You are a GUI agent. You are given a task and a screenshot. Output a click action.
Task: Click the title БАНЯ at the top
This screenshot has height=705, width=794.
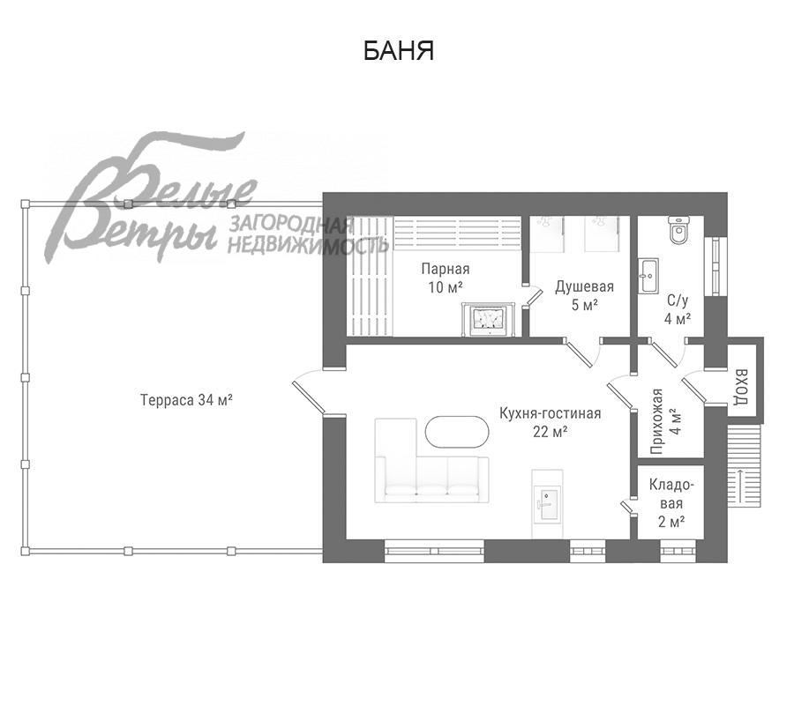tap(399, 51)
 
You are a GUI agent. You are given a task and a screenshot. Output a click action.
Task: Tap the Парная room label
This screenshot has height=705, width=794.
tap(446, 269)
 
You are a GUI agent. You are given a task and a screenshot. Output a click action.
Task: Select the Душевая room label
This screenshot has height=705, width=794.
tap(584, 286)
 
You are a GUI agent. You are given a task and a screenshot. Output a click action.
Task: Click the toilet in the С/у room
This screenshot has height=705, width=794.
tap(678, 230)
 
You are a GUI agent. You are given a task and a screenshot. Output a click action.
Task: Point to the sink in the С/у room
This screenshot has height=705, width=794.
tap(648, 276)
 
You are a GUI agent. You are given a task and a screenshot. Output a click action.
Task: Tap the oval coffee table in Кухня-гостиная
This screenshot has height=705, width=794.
tap(457, 432)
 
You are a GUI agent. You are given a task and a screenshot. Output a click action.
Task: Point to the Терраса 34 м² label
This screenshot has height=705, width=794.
tap(186, 400)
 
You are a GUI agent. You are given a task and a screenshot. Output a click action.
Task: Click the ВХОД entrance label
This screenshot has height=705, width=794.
tap(741, 387)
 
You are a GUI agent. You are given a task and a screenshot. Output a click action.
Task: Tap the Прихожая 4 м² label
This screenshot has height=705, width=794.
tap(666, 421)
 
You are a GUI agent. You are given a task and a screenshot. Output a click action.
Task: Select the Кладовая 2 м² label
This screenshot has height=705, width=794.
tap(671, 503)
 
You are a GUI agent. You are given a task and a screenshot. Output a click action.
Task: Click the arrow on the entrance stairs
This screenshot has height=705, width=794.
tap(741, 486)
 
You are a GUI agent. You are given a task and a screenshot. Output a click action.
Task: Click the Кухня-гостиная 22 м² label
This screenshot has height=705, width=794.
tap(550, 422)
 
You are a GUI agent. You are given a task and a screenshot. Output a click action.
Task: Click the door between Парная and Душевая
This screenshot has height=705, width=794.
tap(533, 297)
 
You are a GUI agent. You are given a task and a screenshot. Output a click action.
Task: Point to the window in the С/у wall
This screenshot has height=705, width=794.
tap(715, 266)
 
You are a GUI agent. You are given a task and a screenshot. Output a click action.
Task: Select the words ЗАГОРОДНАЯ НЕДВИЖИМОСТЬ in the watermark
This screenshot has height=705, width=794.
tap(308, 234)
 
